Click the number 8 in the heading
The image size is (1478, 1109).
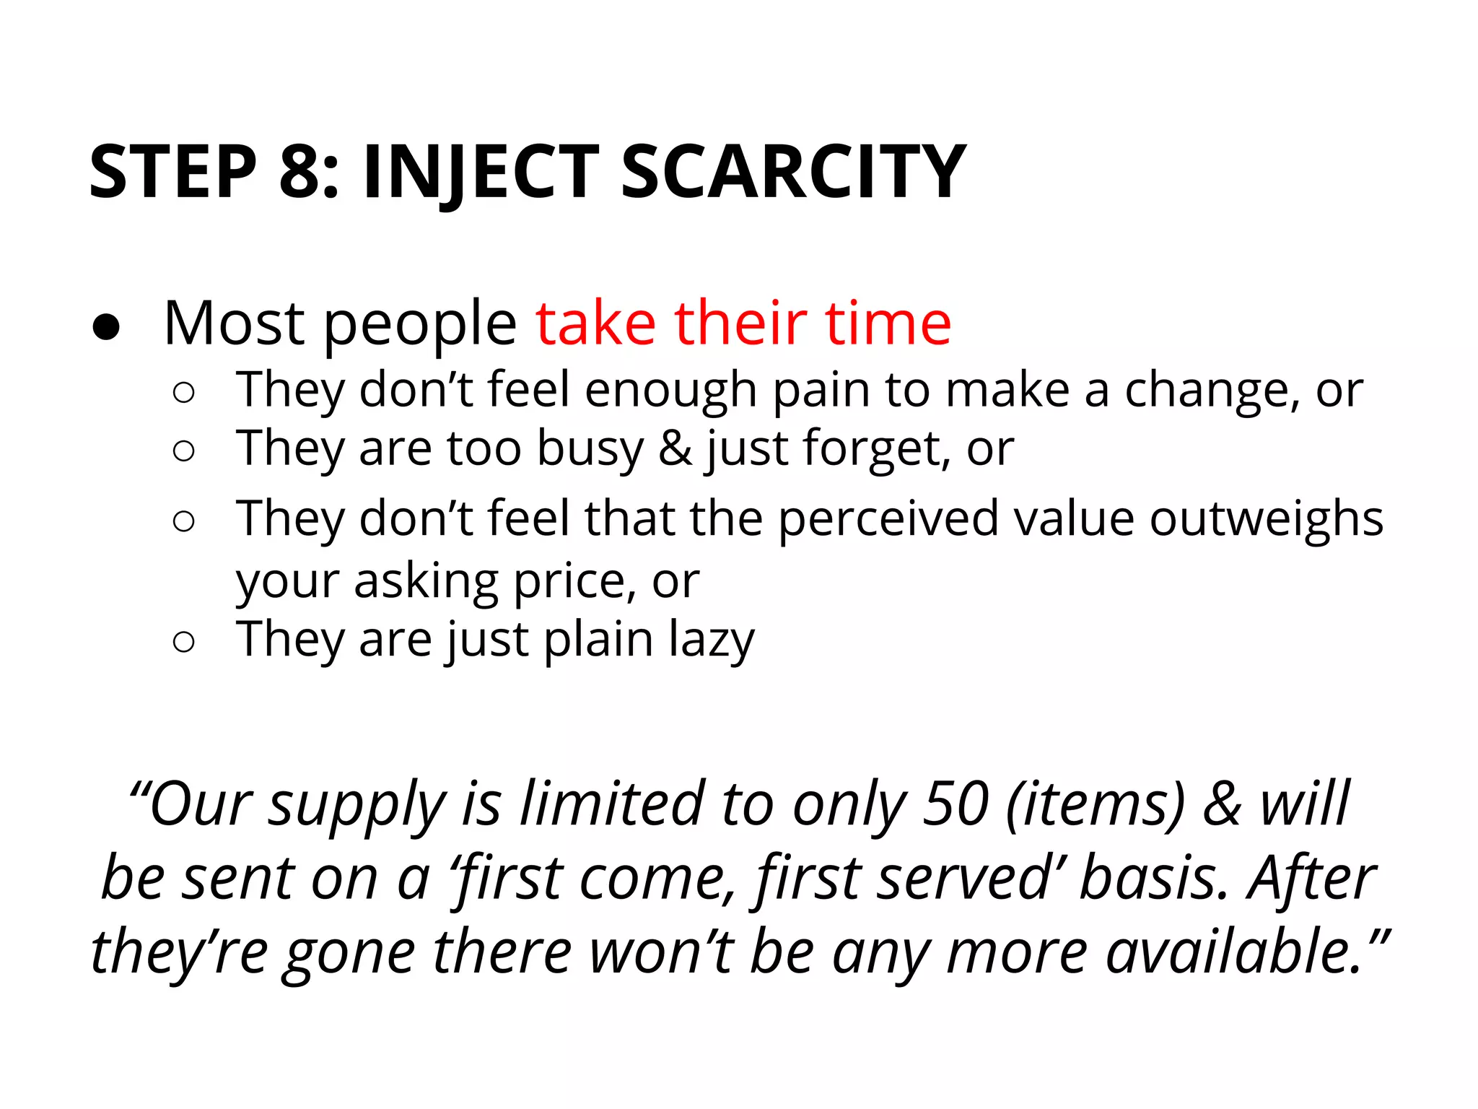tap(299, 172)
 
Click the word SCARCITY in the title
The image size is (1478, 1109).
tap(792, 172)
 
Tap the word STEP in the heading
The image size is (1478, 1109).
tap(173, 172)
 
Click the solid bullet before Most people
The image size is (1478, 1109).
tap(106, 327)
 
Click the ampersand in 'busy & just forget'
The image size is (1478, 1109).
tap(675, 448)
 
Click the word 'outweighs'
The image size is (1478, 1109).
tap(1266, 518)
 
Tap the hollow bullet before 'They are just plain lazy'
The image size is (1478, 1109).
tap(184, 641)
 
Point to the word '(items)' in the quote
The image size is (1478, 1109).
tap(1096, 804)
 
